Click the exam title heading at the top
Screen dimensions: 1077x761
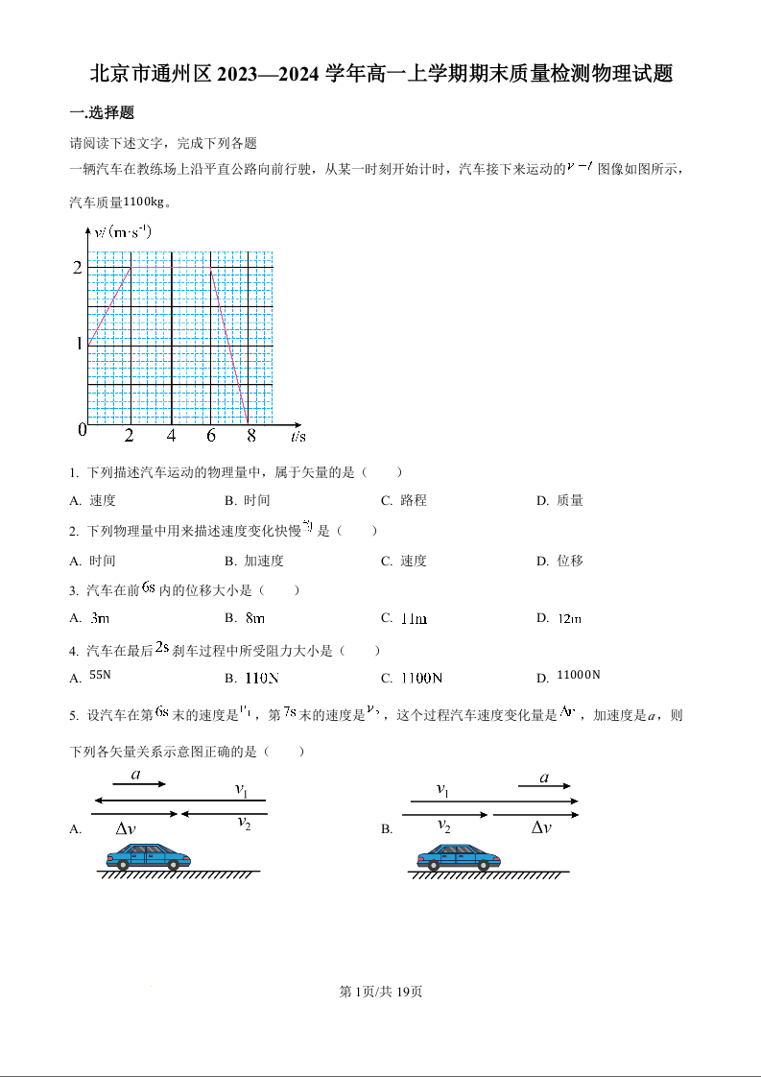[380, 74]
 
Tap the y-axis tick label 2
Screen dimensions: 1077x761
[78, 267]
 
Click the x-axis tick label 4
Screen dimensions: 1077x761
[171, 436]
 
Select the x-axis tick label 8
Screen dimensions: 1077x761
[251, 436]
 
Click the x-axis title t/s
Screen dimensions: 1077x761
[298, 437]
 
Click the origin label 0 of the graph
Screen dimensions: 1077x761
[83, 430]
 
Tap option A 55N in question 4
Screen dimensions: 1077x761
[100, 675]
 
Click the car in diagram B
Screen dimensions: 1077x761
[459, 856]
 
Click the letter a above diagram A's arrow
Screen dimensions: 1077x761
[135, 774]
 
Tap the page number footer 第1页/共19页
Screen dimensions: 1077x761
[381, 992]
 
